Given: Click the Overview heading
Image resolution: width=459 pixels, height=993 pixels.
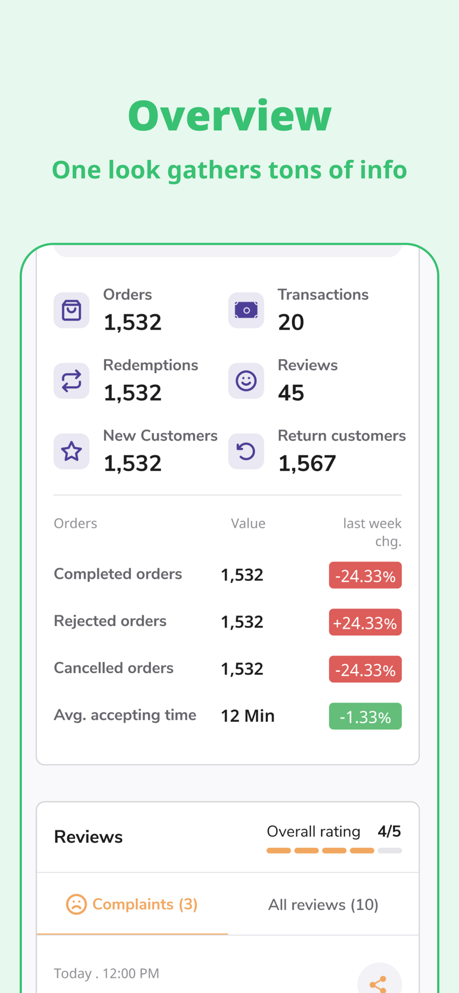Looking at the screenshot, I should click(x=229, y=116).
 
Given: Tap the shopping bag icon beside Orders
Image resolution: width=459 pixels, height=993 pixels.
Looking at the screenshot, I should click(x=72, y=310).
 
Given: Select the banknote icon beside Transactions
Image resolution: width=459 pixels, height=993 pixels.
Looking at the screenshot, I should click(x=246, y=310).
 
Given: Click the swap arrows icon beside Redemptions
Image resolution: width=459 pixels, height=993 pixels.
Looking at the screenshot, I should click(x=72, y=381).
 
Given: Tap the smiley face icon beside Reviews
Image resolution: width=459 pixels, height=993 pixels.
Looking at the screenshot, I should click(x=246, y=381).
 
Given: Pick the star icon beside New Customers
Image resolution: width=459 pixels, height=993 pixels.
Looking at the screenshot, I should click(x=72, y=451).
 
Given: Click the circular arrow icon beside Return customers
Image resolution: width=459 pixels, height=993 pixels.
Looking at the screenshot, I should click(x=246, y=451).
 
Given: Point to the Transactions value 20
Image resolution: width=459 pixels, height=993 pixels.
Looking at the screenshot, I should click(x=291, y=323).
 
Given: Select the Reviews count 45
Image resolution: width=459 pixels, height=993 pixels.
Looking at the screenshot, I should click(x=291, y=393).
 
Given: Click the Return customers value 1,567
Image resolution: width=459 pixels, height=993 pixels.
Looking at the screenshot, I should click(x=307, y=464).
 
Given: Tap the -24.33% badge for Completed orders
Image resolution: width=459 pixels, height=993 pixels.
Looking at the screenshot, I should click(x=365, y=575).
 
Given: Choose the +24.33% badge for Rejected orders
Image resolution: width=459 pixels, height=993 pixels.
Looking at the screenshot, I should click(x=365, y=623).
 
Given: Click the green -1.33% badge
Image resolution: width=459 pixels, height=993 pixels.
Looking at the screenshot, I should click(x=365, y=716).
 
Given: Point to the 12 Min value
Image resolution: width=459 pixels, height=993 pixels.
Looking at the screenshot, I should click(x=247, y=716).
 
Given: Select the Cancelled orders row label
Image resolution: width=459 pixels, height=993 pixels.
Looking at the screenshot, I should click(x=114, y=668).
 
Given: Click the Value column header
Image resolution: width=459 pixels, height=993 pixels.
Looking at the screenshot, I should click(x=248, y=523).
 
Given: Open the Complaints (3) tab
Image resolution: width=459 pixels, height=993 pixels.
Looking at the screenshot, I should click(x=132, y=905).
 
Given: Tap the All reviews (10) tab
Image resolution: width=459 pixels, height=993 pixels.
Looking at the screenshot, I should click(x=323, y=905).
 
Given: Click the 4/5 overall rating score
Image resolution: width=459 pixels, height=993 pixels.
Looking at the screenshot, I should click(x=389, y=831).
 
